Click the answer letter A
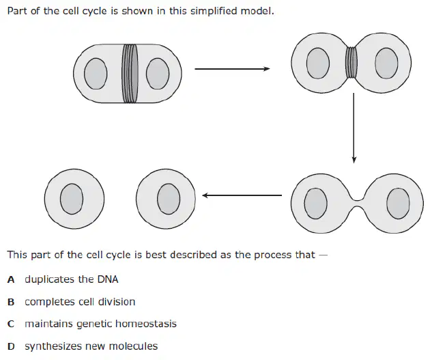click(x=11, y=279)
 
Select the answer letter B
click(x=11, y=302)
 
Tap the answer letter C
click(x=11, y=324)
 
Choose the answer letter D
click(x=11, y=346)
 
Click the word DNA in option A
click(x=108, y=279)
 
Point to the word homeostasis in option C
click(x=146, y=324)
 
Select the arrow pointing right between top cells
click(x=232, y=69)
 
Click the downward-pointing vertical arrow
click(x=354, y=128)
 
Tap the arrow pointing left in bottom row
click(x=242, y=195)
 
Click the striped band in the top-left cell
click(x=130, y=73)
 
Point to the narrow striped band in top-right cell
click(x=351, y=63)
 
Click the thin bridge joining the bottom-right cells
click(x=358, y=204)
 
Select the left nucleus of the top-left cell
click(x=96, y=73)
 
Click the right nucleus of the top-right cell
click(x=386, y=63)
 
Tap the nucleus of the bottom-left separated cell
click(x=72, y=199)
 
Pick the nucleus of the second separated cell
click(x=169, y=199)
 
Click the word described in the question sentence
click(x=194, y=254)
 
